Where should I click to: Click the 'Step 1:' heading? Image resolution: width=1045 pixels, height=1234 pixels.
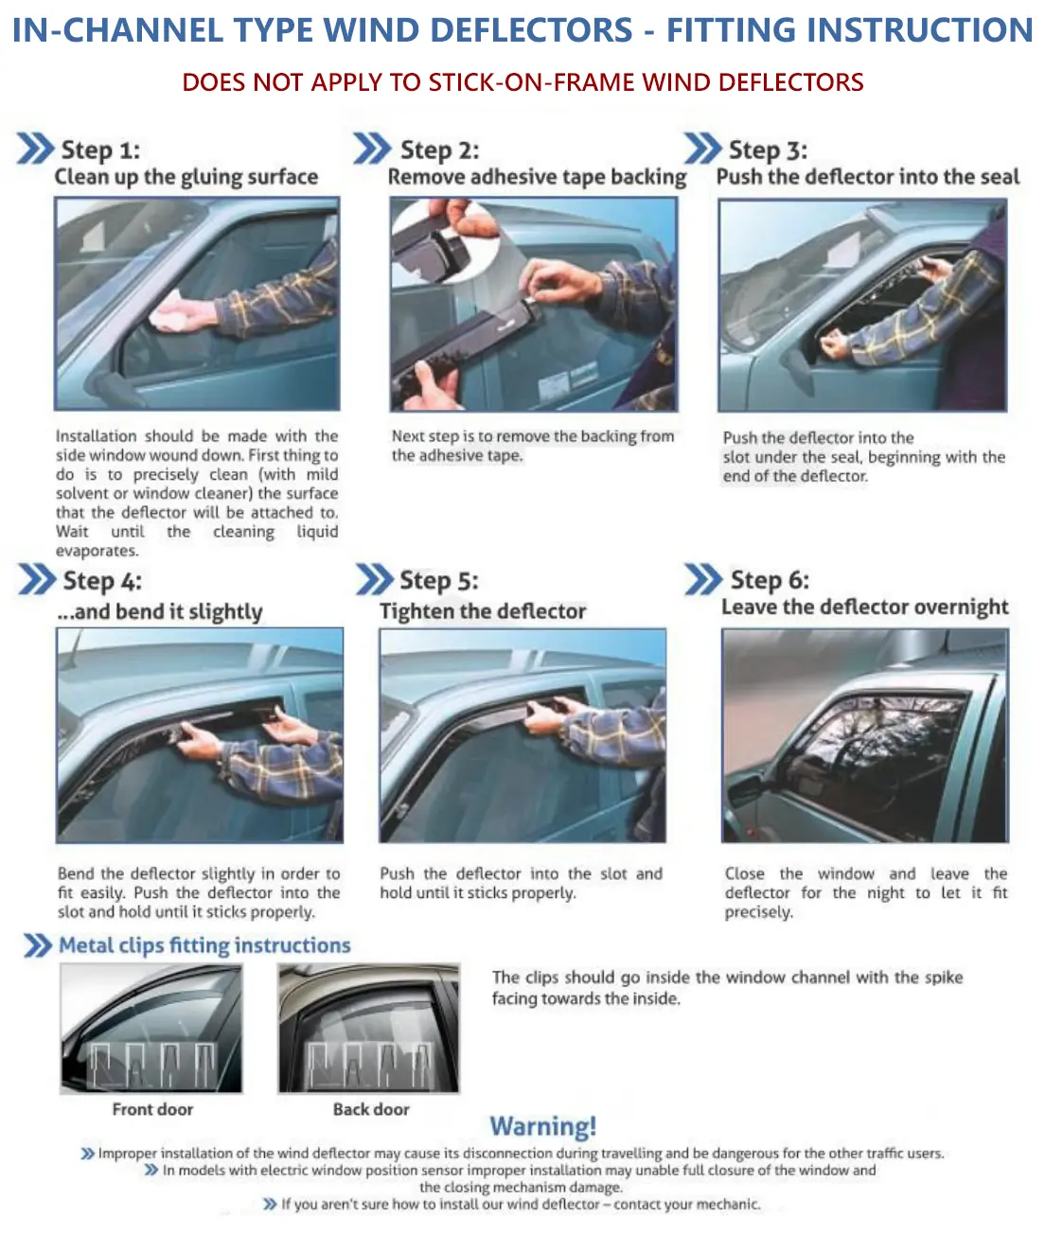click(99, 150)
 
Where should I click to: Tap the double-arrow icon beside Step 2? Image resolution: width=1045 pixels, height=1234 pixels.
click(372, 150)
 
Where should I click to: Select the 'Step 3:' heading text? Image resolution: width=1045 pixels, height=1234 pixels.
click(768, 150)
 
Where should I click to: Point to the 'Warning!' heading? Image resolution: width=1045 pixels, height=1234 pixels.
click(543, 1126)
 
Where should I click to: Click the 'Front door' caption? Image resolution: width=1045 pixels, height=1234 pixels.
click(152, 1109)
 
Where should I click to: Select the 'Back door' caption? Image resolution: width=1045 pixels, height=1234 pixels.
click(371, 1109)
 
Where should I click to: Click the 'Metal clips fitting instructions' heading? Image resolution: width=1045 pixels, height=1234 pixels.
click(204, 945)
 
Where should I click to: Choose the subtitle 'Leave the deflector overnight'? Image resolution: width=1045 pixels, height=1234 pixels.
click(864, 608)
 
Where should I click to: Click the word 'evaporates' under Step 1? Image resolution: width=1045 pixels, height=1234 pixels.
click(97, 551)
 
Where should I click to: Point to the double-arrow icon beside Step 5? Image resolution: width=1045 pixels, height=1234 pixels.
click(374, 580)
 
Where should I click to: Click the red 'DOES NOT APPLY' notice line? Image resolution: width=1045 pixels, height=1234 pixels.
click(522, 82)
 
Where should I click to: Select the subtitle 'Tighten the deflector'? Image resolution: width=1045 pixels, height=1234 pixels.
click(483, 611)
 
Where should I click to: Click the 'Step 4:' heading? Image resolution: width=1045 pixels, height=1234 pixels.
click(101, 581)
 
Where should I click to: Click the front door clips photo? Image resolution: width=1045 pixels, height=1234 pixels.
click(151, 1030)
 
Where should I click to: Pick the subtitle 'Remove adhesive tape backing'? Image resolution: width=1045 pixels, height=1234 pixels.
click(537, 177)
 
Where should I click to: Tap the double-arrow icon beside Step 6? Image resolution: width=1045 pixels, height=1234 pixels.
click(703, 579)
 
